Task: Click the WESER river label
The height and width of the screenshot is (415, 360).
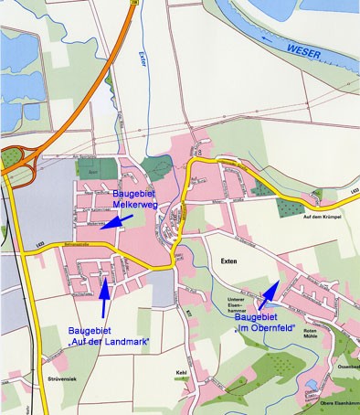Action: (x=301, y=48)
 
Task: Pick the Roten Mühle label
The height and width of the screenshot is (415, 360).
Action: (x=312, y=334)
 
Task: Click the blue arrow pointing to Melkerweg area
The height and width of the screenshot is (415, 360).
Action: (x=115, y=220)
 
